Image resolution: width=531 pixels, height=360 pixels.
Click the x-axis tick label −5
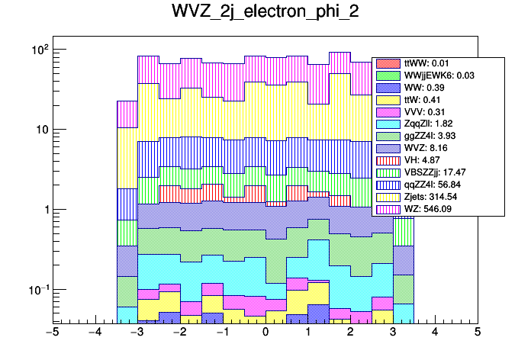click(x=53, y=333)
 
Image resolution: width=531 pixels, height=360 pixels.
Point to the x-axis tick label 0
click(x=265, y=333)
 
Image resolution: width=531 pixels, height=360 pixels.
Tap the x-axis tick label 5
click(x=478, y=333)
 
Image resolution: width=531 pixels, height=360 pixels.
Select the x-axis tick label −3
click(x=137, y=333)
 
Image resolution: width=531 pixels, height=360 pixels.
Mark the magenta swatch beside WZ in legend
click(x=388, y=209)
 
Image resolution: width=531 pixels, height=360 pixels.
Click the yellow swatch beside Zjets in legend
click(x=388, y=197)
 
